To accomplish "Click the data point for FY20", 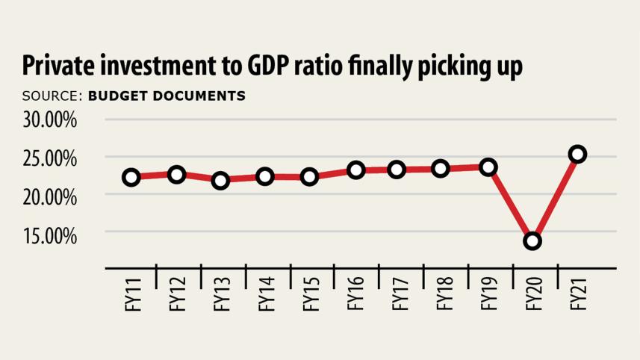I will click(x=532, y=241).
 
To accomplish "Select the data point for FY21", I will click(x=577, y=154).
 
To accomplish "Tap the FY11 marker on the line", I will click(x=131, y=178).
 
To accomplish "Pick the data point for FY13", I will click(x=220, y=181).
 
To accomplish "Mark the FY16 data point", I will click(x=355, y=170).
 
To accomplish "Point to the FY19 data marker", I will click(x=488, y=167).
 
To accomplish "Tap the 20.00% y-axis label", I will click(x=49, y=196).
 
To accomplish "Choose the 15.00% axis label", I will click(x=49, y=235).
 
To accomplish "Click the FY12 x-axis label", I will click(x=177, y=296).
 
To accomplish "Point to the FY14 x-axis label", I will click(x=266, y=296).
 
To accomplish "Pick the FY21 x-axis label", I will click(x=577, y=296).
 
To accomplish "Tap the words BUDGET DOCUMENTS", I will click(x=167, y=96).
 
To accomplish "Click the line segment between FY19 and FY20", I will click(x=511, y=205).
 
